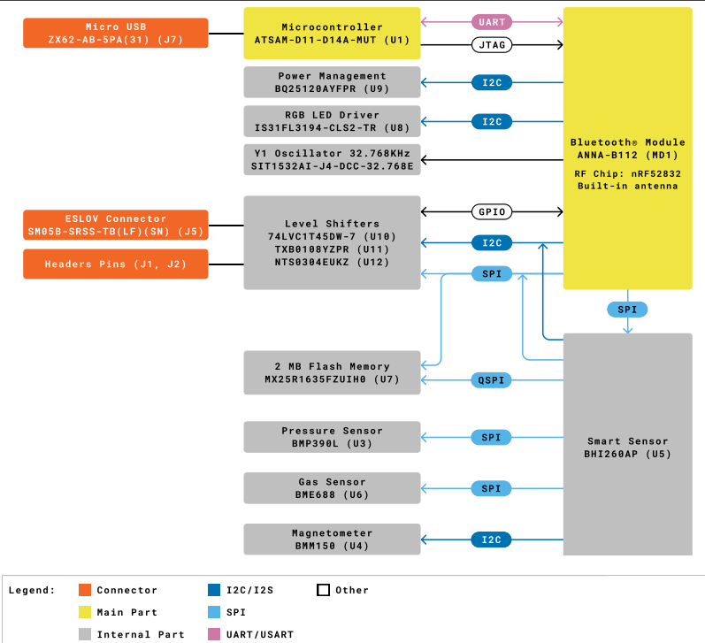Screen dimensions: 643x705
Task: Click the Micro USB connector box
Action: point(116,34)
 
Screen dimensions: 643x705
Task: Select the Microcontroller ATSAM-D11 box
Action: point(332,34)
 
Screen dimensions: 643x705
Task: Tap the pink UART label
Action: point(492,21)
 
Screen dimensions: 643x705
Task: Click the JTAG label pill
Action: point(492,44)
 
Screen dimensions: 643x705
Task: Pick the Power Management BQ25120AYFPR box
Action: point(332,82)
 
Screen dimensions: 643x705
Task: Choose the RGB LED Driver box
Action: point(332,121)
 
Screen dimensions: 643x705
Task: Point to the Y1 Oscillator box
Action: point(332,159)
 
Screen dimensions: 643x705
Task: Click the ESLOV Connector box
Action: point(116,225)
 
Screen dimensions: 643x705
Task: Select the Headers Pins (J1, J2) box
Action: point(116,264)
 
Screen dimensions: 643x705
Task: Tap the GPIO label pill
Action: point(492,212)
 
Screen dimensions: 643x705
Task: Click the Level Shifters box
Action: point(332,242)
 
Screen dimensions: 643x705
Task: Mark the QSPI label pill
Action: point(492,380)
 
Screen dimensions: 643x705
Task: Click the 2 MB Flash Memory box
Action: point(332,371)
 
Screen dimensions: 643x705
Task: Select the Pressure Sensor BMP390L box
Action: point(332,437)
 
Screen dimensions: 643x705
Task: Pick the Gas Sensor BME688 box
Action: point(332,488)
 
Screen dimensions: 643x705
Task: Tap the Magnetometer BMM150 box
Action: point(332,540)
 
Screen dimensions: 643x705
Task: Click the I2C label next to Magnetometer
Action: point(492,540)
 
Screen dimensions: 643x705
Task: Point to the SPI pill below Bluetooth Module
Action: point(627,310)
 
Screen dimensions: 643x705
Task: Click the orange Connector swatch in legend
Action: point(85,590)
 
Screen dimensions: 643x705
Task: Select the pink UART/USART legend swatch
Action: point(213,634)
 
